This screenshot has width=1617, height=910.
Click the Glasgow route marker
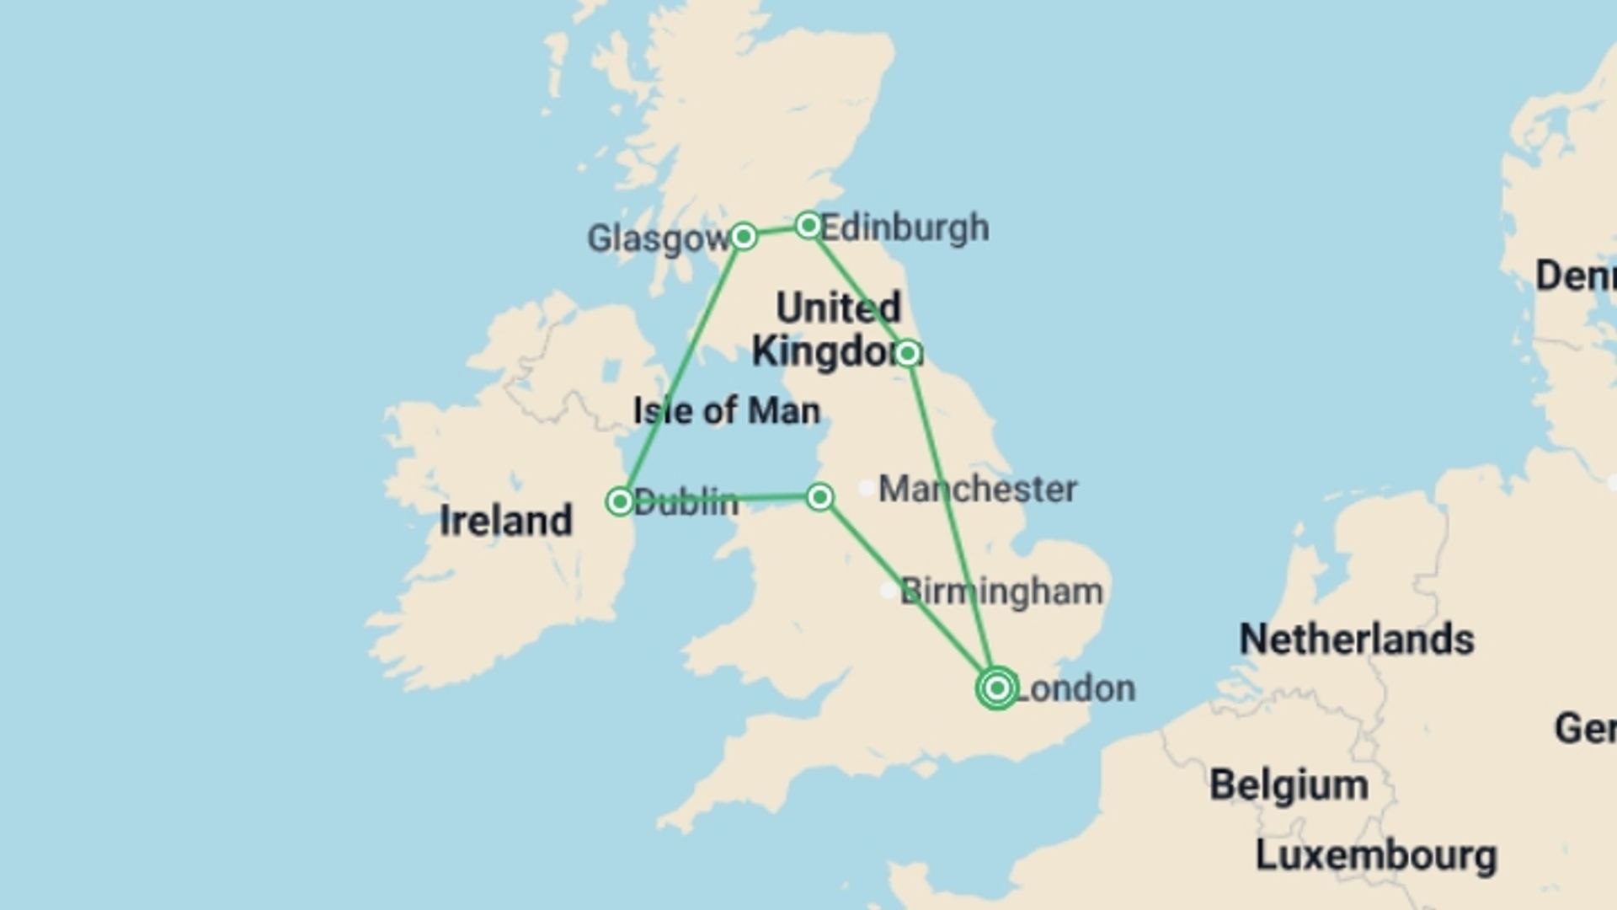tap(743, 236)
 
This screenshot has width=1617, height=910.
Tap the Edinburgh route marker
tap(808, 225)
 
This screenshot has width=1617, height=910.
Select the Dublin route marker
tap(620, 501)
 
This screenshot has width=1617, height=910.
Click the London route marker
tap(997, 688)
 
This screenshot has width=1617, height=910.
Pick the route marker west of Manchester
tap(819, 497)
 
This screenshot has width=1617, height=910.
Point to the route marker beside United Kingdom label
tap(907, 352)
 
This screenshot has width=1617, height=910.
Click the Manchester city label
tap(977, 490)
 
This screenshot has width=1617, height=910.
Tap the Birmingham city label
tap(1001, 591)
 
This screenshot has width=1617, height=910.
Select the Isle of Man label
tap(726, 411)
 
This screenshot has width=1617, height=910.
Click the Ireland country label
tap(505, 521)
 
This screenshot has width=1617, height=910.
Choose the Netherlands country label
tap(1356, 640)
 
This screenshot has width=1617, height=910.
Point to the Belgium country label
tap(1289, 785)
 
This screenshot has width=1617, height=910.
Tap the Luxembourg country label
tap(1376, 856)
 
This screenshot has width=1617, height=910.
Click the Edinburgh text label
tap(905, 227)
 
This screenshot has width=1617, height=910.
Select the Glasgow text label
tap(658, 238)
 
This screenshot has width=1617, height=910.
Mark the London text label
tap(1076, 688)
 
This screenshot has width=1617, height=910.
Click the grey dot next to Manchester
tap(866, 488)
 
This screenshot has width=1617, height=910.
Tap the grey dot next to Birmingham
tap(888, 591)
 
